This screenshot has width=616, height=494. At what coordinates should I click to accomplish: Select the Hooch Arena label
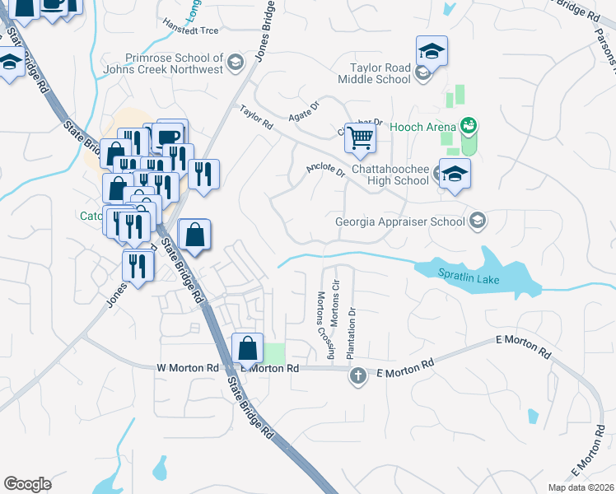coord(423,126)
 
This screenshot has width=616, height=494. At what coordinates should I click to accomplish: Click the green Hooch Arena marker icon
coord(469,126)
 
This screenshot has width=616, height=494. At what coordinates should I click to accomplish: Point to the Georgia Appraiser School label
coord(399,221)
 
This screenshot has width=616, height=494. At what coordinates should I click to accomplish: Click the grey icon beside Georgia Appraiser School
coord(477,221)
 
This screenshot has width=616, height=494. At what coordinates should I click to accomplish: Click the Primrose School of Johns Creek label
coord(174,63)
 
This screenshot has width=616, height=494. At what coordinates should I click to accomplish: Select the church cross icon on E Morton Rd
coord(357,376)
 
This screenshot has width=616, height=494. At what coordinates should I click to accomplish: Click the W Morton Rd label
coord(187,368)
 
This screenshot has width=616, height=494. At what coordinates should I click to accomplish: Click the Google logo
coord(27,484)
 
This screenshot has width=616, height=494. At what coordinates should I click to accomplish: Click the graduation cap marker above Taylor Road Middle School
coord(432,52)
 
